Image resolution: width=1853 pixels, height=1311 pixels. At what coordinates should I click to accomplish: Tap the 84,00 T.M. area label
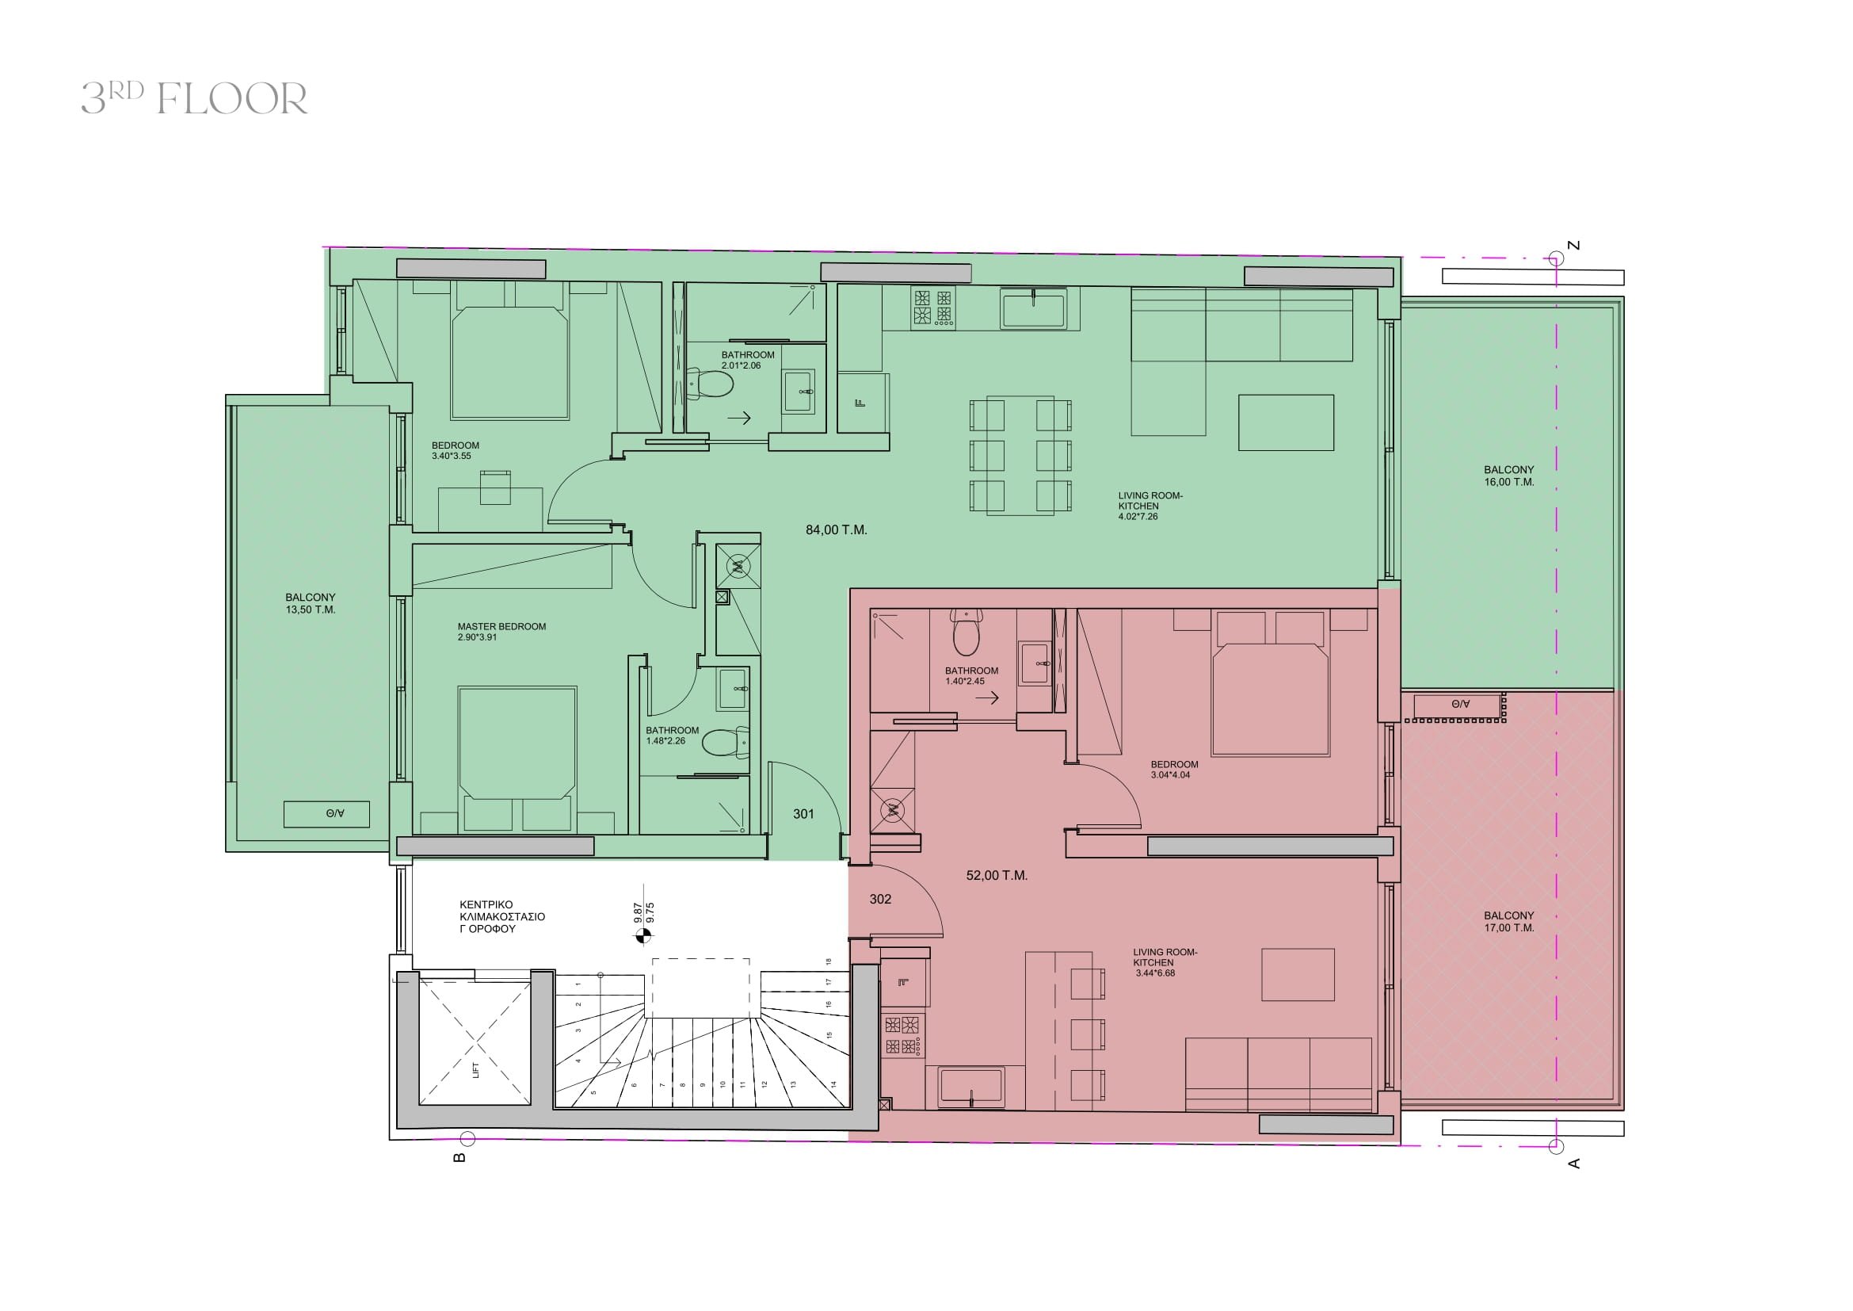coord(836,530)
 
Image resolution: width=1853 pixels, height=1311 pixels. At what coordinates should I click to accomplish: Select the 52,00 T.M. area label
coord(997,875)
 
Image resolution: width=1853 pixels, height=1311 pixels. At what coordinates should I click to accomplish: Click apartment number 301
coord(803,814)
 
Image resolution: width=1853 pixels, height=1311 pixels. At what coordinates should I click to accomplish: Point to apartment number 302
coord(880,899)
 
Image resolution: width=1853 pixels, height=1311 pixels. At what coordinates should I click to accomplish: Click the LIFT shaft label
coord(475,1070)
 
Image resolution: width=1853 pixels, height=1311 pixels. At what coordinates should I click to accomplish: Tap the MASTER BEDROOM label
coord(501,631)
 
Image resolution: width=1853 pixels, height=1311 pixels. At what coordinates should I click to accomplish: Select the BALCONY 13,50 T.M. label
coord(311,604)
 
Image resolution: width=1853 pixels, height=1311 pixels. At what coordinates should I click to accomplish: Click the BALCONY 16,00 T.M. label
coord(1508,476)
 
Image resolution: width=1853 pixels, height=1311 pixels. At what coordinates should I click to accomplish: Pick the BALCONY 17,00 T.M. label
coord(1508,922)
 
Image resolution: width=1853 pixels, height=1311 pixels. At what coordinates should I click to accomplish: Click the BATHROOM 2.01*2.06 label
coord(747,360)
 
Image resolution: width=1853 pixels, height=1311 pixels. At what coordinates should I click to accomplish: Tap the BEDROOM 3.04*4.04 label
coord(1174,770)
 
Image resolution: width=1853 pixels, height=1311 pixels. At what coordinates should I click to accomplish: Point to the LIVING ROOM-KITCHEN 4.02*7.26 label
coord(1150,506)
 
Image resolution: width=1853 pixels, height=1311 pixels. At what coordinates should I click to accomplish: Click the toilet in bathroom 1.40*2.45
coord(966,632)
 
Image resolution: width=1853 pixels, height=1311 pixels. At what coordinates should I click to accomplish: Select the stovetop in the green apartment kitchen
coord(933,308)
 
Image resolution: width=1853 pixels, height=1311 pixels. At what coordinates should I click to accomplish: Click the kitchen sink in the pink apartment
coord(971,1087)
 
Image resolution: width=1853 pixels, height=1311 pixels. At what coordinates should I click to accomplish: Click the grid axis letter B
coord(459,1157)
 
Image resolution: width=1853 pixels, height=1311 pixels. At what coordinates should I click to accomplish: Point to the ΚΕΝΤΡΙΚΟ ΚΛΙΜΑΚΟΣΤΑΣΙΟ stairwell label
coord(502,917)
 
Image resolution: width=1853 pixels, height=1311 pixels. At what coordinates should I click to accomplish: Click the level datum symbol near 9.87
coord(642,936)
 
